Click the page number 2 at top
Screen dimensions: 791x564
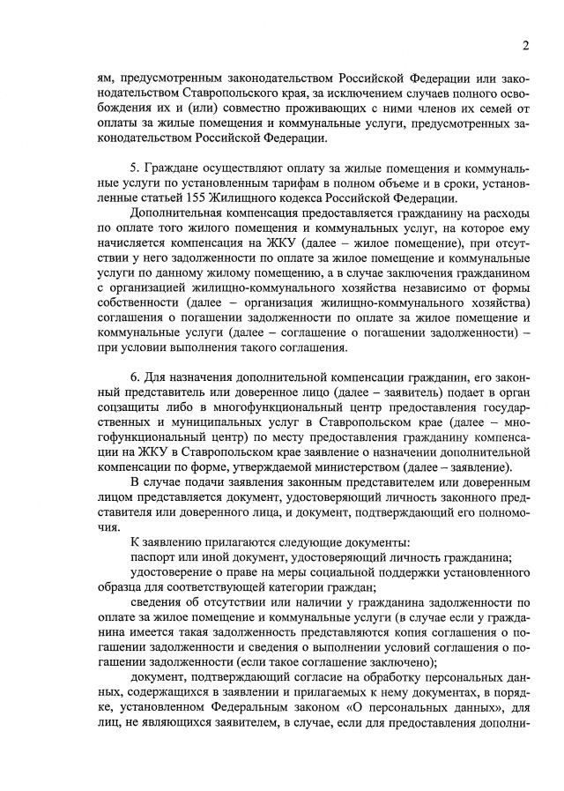[525, 45]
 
